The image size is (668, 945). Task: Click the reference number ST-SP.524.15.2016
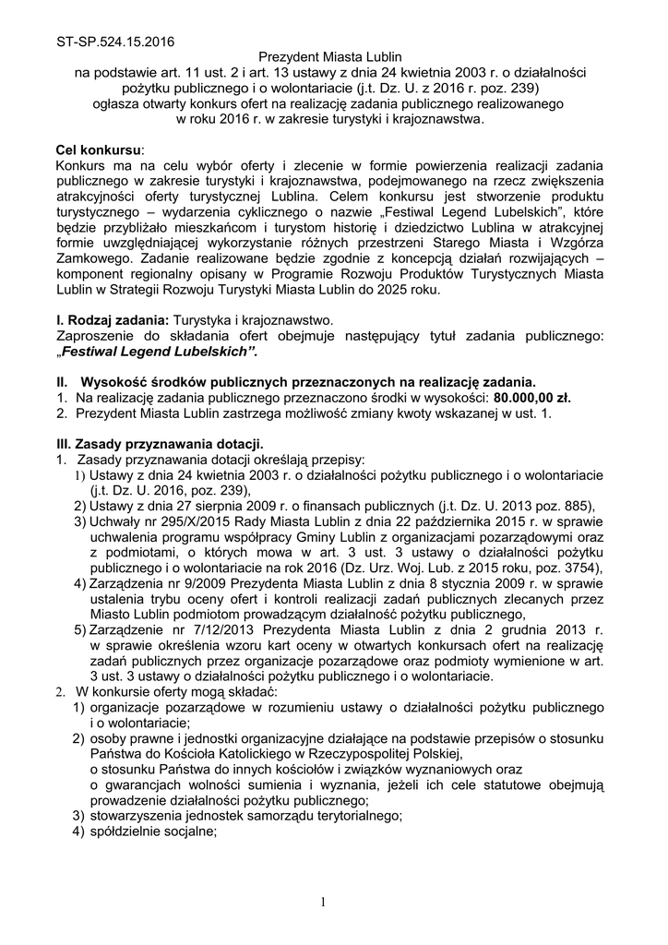click(x=114, y=42)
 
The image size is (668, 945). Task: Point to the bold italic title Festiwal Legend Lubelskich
click(x=158, y=352)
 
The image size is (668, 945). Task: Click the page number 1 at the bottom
click(x=324, y=901)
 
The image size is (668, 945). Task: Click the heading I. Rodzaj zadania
click(x=107, y=319)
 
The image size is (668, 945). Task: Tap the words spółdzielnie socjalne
click(x=152, y=831)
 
